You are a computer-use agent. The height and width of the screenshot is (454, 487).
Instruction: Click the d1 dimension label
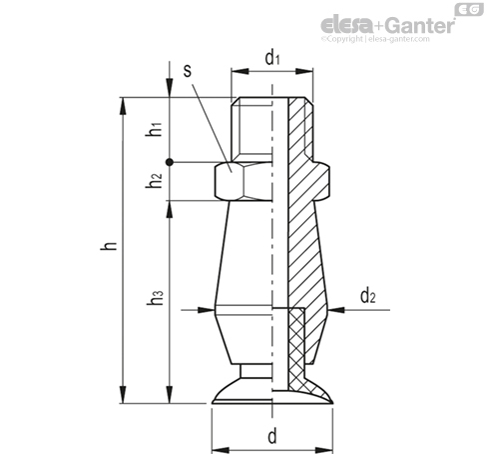pyautogui.click(x=272, y=58)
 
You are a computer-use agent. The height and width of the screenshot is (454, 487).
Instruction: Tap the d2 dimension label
pyautogui.click(x=368, y=296)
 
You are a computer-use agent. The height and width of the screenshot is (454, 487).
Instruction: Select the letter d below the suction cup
pyautogui.click(x=272, y=436)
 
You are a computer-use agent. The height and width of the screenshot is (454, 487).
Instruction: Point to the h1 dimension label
pyautogui.click(x=154, y=129)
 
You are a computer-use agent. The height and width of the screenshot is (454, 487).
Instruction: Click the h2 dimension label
pyautogui.click(x=154, y=181)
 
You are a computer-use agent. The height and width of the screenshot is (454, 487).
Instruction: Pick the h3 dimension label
pyautogui.click(x=155, y=298)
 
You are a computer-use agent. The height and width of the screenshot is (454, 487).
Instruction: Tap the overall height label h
pyautogui.click(x=109, y=246)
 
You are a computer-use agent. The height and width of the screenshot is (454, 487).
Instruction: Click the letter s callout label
pyautogui.click(x=188, y=71)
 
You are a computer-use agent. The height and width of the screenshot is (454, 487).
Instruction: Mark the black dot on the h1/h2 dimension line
pyautogui.click(x=170, y=162)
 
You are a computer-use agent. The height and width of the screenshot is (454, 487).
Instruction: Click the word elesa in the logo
pyautogui.click(x=347, y=25)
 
